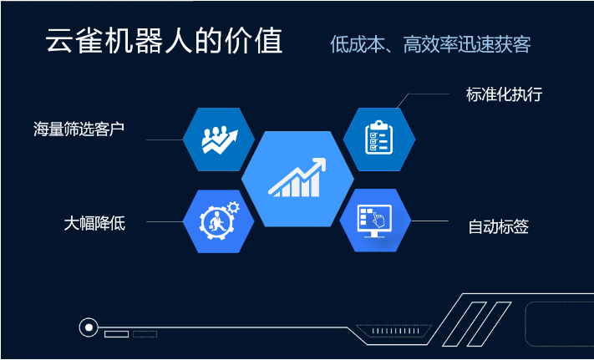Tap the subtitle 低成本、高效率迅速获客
(x=430, y=44)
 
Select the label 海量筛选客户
(x=79, y=129)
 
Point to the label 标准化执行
(x=505, y=94)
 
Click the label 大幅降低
(x=94, y=224)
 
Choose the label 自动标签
(x=499, y=227)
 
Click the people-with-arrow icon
(x=220, y=139)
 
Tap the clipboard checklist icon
(x=378, y=137)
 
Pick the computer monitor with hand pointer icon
(x=374, y=221)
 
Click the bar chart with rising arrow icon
(x=297, y=178)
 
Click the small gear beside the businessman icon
(x=233, y=207)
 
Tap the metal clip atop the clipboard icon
(x=378, y=124)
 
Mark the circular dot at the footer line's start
(x=89, y=327)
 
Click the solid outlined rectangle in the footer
(x=116, y=334)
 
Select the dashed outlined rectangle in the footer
(x=145, y=334)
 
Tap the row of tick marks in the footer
(x=395, y=331)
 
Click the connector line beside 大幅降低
(x=165, y=222)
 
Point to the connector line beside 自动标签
(x=429, y=221)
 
